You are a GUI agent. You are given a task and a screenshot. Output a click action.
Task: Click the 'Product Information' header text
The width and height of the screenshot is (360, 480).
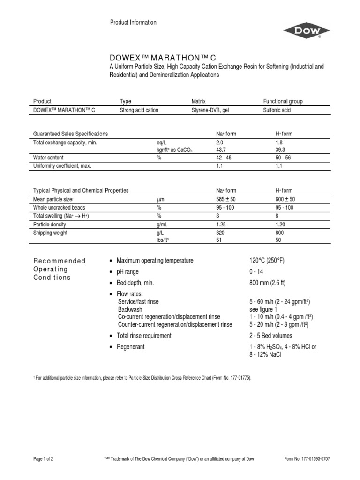(133, 22)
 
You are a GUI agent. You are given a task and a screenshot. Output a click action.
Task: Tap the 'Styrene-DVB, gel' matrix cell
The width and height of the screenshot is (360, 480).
(212, 110)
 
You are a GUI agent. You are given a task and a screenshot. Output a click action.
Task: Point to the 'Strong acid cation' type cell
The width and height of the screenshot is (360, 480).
(139, 110)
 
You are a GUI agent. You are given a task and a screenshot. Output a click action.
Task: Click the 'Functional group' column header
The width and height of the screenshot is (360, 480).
(283, 101)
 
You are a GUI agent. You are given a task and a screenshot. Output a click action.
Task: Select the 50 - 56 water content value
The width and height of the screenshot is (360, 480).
(283, 157)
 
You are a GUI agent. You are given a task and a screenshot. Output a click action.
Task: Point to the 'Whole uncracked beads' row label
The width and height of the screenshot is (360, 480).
(59, 207)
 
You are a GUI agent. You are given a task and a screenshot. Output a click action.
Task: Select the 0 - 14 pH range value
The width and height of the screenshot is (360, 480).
(256, 272)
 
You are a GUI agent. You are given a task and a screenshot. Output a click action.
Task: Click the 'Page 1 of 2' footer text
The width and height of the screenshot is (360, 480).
(43, 459)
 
